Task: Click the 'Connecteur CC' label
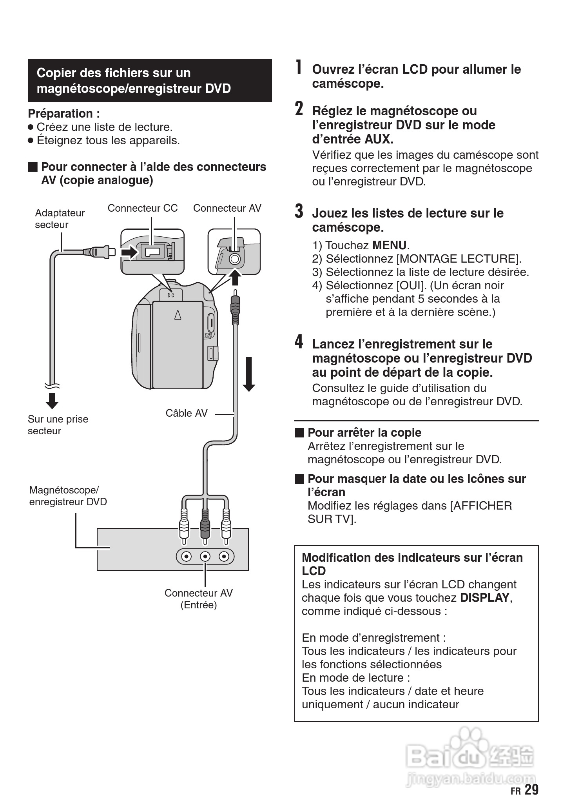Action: pos(143,208)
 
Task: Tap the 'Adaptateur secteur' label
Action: pos(60,219)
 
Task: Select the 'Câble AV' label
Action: pos(186,413)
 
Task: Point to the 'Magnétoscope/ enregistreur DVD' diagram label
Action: pos(68,496)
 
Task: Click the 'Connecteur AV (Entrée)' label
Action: pos(198,599)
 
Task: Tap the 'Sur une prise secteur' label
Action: pos(58,425)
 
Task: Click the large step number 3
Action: pos(299,211)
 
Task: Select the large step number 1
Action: pos(299,67)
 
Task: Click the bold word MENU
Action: pos(389,245)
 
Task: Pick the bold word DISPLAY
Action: pos(484,598)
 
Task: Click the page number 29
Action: pos(531,789)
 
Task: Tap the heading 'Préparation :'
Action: pos(64,114)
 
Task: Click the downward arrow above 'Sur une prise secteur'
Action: pos(52,400)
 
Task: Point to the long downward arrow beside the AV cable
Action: pos(249,374)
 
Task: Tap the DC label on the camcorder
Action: pos(171,295)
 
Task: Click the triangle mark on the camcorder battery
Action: pos(178,315)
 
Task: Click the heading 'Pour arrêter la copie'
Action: pos(364,433)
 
